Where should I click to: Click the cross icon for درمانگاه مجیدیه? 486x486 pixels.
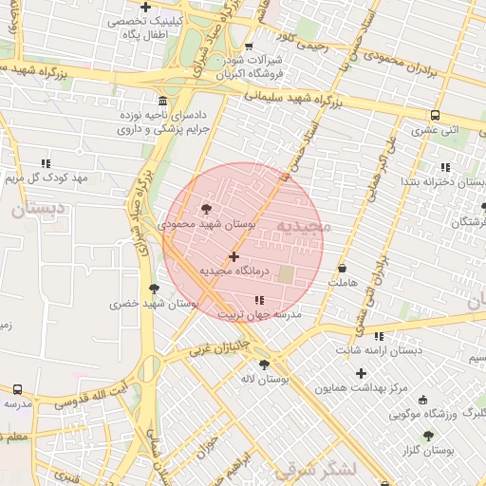click(234, 256)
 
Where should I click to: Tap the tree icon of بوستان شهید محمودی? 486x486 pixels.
click(207, 209)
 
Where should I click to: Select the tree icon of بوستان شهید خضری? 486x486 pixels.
click(154, 289)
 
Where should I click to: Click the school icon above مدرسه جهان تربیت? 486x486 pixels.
click(260, 301)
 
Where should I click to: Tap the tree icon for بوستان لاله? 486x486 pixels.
click(264, 364)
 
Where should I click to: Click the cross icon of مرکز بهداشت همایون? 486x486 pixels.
click(361, 373)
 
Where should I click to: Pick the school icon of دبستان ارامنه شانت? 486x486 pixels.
click(380, 336)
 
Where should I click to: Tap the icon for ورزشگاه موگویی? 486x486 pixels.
click(422, 400)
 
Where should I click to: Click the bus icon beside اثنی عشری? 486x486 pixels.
click(435, 115)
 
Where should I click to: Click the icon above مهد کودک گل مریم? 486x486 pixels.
click(45, 163)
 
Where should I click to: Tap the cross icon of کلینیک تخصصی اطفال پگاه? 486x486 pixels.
click(145, 8)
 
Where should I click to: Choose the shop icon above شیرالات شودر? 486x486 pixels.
click(249, 46)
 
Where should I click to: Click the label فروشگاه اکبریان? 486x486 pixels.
click(223, 72)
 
